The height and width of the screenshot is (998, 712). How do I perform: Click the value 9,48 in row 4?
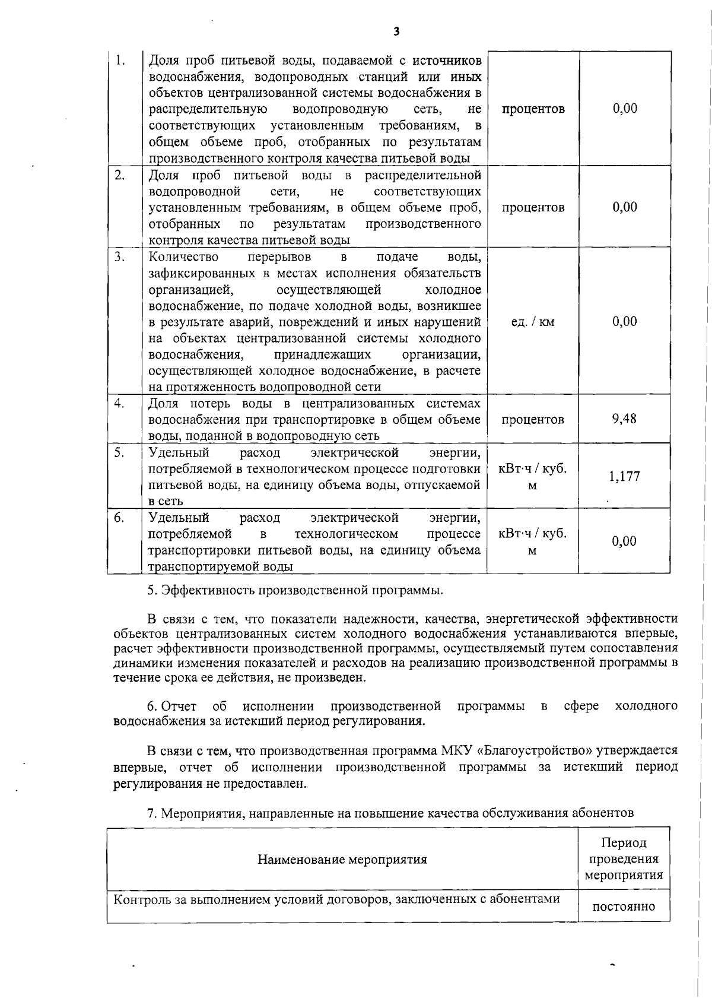(624, 419)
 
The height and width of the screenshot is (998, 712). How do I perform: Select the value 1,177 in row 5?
(624, 476)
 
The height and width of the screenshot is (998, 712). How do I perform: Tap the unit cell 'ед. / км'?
(532, 322)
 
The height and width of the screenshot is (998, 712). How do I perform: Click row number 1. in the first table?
(120, 61)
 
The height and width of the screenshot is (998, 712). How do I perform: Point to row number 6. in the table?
(119, 518)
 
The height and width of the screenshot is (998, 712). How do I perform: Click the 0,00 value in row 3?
(624, 322)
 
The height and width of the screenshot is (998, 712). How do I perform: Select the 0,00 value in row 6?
(624, 541)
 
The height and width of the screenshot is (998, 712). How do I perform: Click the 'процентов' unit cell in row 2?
(532, 207)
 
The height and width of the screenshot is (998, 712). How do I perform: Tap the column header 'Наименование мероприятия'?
(342, 860)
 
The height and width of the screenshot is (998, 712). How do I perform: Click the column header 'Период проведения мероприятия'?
(624, 859)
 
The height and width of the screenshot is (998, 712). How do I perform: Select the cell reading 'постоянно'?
(624, 907)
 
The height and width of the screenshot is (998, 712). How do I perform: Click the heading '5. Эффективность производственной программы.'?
(295, 591)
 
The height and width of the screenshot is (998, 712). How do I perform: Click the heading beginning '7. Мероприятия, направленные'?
(390, 813)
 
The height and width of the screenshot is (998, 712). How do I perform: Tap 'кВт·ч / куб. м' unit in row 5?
(532, 477)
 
